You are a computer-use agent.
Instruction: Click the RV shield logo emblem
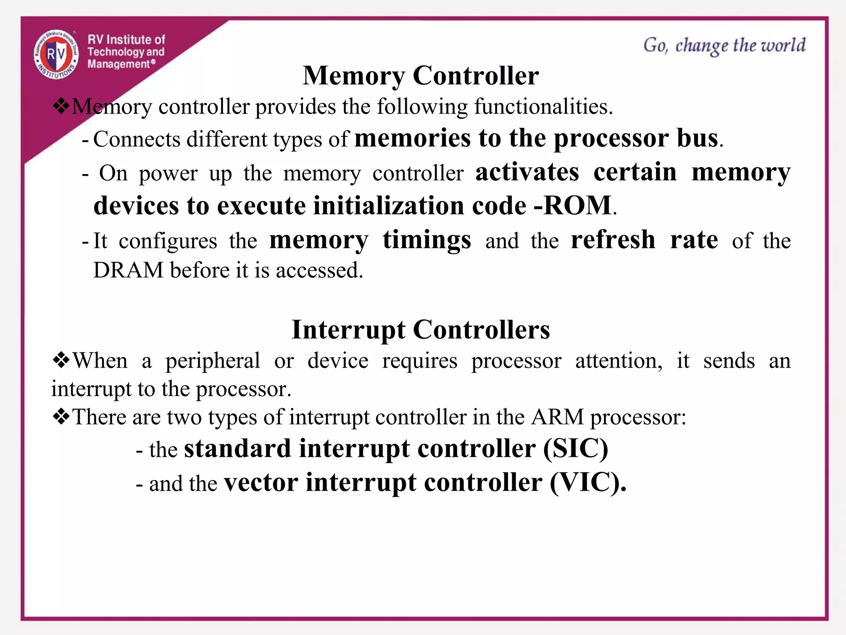pos(56,54)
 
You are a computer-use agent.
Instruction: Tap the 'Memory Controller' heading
pos(421,76)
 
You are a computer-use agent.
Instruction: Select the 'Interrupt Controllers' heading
pos(421,329)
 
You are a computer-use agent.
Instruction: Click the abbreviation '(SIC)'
pos(575,449)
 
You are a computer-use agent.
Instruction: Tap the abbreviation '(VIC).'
pos(587,482)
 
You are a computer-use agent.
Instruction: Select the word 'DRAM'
pos(128,270)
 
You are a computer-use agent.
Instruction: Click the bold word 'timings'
pos(427,240)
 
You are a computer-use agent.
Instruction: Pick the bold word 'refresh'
pos(613,240)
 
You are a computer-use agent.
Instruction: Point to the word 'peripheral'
pos(213,361)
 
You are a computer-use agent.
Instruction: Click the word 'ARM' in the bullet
pos(558,417)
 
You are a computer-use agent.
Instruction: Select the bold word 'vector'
pos(261,482)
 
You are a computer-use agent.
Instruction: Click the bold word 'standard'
pos(238,449)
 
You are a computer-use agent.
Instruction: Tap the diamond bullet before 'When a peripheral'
pos(61,360)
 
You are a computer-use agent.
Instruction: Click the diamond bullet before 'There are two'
pos(61,416)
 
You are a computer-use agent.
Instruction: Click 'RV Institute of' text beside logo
pos(126,40)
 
